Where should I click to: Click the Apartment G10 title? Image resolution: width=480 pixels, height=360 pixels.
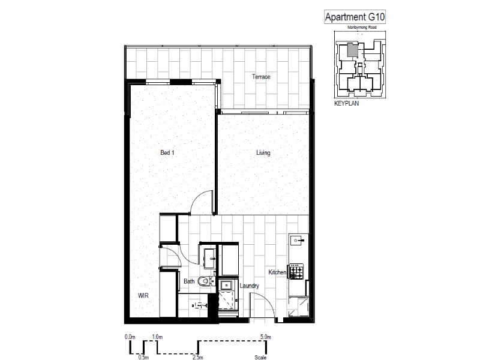pyautogui.click(x=355, y=17)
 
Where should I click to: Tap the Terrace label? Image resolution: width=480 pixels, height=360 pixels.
pyautogui.click(x=261, y=77)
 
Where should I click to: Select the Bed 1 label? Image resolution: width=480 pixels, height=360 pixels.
pyautogui.click(x=167, y=152)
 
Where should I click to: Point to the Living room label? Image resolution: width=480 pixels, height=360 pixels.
pyautogui.click(x=263, y=152)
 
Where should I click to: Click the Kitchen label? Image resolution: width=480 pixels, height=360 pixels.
pyautogui.click(x=277, y=272)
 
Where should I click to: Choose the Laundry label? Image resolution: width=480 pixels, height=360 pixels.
pyautogui.click(x=249, y=286)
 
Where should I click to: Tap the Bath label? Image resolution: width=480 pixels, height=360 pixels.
pyautogui.click(x=189, y=281)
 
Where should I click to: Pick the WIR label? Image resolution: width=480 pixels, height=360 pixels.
pyautogui.click(x=143, y=295)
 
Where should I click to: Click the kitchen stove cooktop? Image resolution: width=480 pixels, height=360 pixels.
pyautogui.click(x=296, y=271)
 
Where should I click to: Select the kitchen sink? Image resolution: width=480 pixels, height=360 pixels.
pyautogui.click(x=297, y=241)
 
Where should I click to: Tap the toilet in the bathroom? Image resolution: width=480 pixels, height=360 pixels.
pyautogui.click(x=205, y=280)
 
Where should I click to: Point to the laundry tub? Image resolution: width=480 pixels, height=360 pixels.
pyautogui.click(x=226, y=286)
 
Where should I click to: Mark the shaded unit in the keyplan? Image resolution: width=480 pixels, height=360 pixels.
pyautogui.click(x=352, y=50)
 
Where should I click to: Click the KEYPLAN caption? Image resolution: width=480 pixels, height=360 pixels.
pyautogui.click(x=346, y=103)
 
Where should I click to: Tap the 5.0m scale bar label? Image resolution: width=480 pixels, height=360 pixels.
pyautogui.click(x=266, y=337)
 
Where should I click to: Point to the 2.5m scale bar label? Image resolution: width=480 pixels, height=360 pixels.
pyautogui.click(x=198, y=357)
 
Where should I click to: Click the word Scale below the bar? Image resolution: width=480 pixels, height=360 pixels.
pyautogui.click(x=260, y=357)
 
